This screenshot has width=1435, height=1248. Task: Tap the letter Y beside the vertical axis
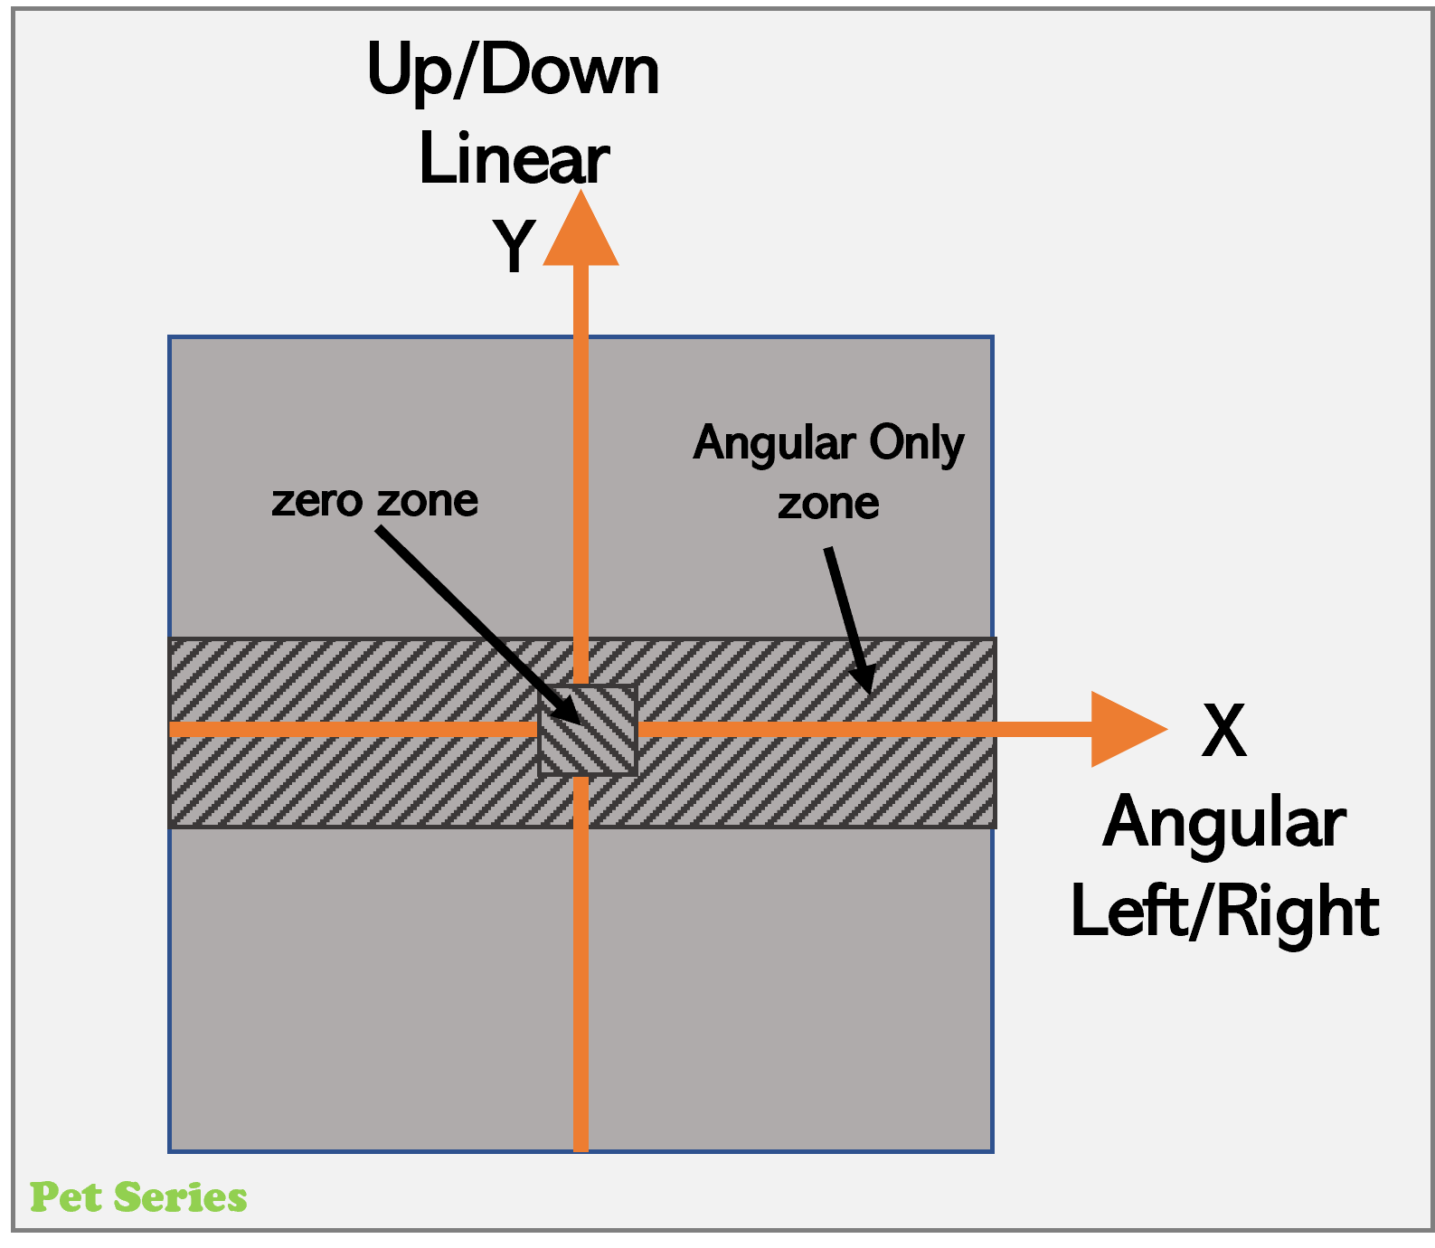(514, 246)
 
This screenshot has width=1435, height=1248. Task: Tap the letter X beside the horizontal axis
(1223, 731)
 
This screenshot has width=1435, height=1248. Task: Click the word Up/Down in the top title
(513, 71)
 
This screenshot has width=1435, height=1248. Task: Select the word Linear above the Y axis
(514, 160)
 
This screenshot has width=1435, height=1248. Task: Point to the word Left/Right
(1224, 912)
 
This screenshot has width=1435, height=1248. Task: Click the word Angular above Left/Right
(1224, 824)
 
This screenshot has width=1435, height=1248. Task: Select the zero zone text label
(374, 501)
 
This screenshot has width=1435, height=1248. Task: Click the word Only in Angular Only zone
(916, 444)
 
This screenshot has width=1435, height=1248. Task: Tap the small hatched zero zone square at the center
(589, 731)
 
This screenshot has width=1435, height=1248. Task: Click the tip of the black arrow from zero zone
(579, 722)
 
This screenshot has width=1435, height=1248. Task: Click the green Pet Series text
(138, 1197)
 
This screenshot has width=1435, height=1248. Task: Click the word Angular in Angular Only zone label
(774, 444)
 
